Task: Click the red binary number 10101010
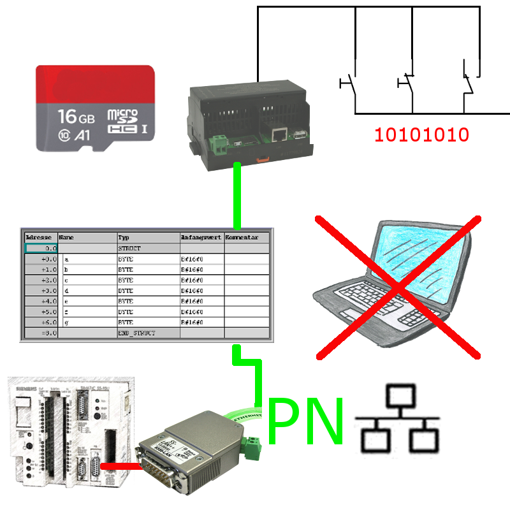click(422, 135)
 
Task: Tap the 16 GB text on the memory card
click(76, 117)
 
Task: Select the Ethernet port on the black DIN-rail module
click(278, 134)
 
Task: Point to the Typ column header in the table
click(125, 237)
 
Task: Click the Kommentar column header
click(242, 237)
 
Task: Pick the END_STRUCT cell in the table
click(137, 333)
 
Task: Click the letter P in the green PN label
click(288, 421)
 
